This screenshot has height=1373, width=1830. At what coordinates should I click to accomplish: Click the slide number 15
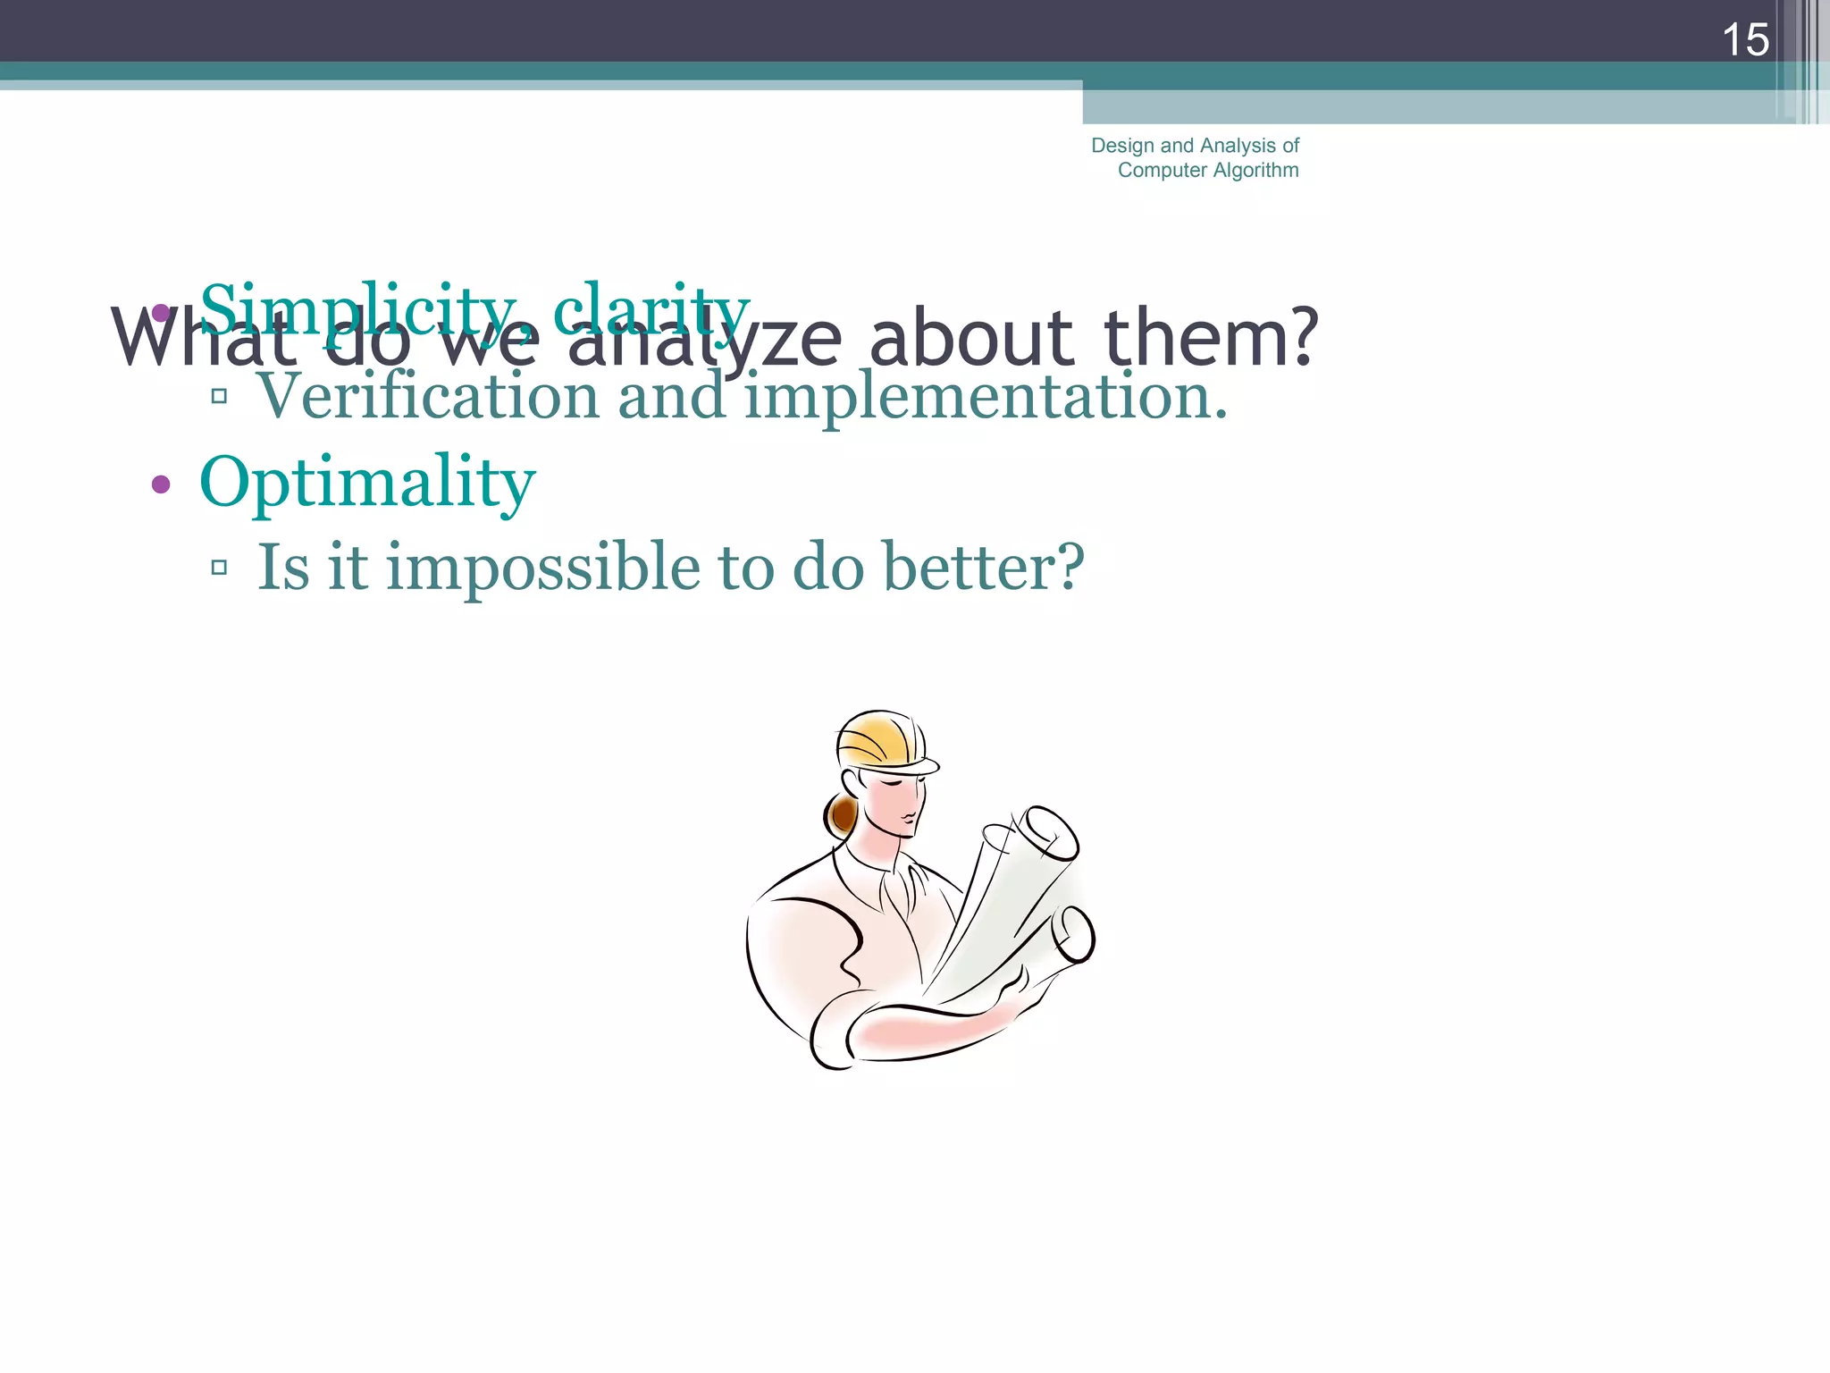[x=1744, y=40]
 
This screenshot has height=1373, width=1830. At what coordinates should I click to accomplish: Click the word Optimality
[x=366, y=484]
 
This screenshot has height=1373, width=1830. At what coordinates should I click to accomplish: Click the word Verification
[x=427, y=396]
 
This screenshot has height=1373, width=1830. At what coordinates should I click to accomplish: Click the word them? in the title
[x=1211, y=338]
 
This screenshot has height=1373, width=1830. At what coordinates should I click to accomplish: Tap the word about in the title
[x=971, y=338]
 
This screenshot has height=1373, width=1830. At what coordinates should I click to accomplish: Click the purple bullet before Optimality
[x=161, y=484]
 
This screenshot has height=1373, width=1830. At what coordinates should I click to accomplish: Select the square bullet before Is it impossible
[x=219, y=567]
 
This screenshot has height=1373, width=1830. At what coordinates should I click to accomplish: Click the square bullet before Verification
[x=219, y=395]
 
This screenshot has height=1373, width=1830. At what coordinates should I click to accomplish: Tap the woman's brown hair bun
[x=841, y=813]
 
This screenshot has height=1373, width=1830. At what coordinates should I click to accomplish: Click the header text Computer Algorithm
[x=1207, y=170]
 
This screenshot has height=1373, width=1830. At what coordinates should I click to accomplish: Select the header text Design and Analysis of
[x=1195, y=146]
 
